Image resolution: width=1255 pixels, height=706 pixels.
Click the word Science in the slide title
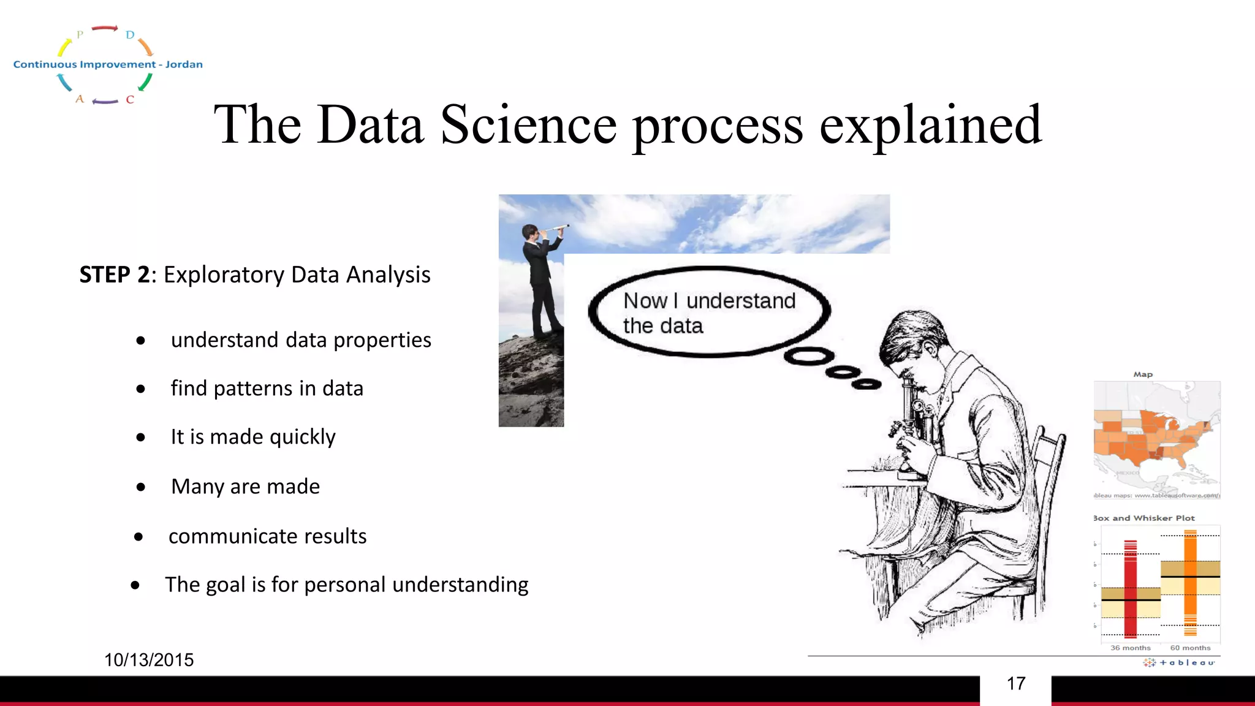click(528, 125)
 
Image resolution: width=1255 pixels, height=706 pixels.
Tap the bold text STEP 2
click(115, 275)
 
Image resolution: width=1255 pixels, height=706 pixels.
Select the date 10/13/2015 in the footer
click(149, 660)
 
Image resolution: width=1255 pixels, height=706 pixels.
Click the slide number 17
click(1015, 684)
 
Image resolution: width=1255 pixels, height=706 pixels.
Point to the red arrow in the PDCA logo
click(105, 28)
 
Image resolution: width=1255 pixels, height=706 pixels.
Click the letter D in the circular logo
click(130, 35)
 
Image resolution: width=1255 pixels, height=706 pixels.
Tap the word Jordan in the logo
click(184, 64)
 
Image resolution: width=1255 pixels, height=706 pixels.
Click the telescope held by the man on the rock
click(555, 228)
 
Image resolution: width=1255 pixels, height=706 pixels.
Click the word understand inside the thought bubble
click(740, 301)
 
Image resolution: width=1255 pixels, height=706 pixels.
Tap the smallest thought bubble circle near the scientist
click(866, 384)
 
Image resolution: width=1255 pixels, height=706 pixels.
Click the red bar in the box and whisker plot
click(1130, 588)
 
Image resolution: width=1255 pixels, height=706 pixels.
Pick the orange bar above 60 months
click(1190, 582)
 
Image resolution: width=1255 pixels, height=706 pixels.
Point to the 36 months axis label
click(1130, 648)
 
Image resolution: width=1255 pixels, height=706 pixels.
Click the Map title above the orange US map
click(1143, 374)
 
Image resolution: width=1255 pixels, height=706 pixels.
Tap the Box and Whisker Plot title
click(1144, 518)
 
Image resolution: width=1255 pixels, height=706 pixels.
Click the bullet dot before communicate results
click(138, 537)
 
